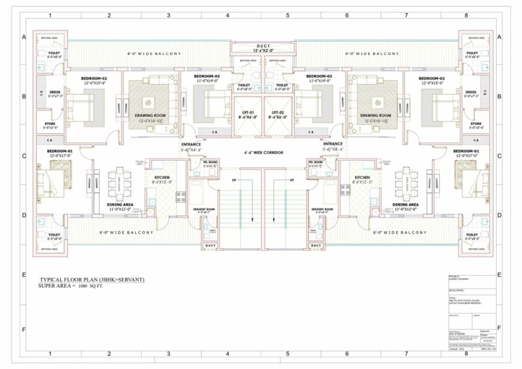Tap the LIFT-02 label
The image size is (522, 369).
(279, 112)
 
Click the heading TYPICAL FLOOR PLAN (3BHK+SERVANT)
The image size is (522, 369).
(92, 279)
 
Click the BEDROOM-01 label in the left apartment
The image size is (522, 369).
(59, 151)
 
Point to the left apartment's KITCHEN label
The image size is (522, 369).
(162, 177)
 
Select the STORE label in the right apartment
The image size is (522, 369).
(476, 123)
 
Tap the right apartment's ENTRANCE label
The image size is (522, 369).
(333, 144)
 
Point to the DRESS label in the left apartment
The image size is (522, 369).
(50, 92)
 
